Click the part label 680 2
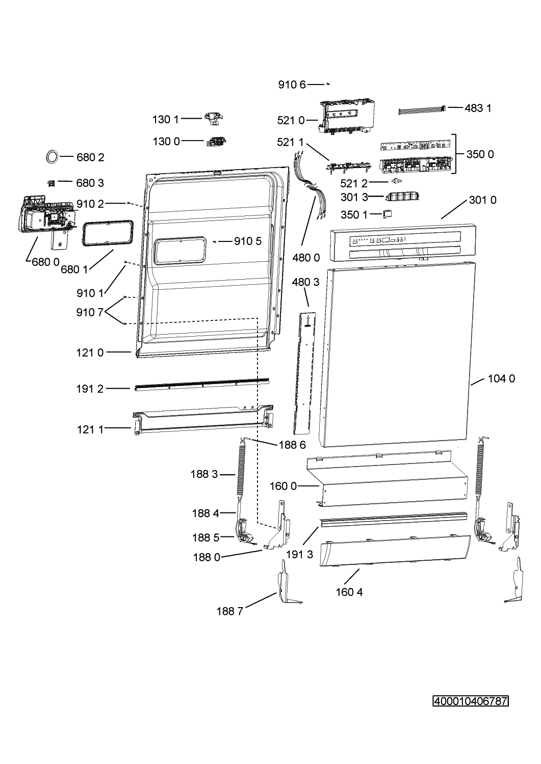pyautogui.click(x=90, y=157)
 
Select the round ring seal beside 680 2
pyautogui.click(x=52, y=157)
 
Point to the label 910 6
pyautogui.click(x=292, y=85)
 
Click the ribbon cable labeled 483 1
pyautogui.click(x=422, y=111)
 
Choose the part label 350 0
pyautogui.click(x=480, y=154)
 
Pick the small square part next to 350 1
pyautogui.click(x=388, y=213)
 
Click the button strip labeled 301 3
pyautogui.click(x=402, y=196)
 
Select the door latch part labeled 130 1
pyautogui.click(x=214, y=119)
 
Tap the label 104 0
pyautogui.click(x=501, y=378)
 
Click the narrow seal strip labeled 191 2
pyautogui.click(x=202, y=385)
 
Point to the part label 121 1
pyautogui.click(x=90, y=429)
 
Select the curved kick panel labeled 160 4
pyautogui.click(x=395, y=551)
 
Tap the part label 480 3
pyautogui.click(x=305, y=282)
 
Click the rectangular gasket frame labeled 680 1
pyautogui.click(x=107, y=233)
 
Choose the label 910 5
pyautogui.click(x=248, y=241)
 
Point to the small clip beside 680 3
pyautogui.click(x=51, y=183)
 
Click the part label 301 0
pyautogui.click(x=482, y=200)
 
